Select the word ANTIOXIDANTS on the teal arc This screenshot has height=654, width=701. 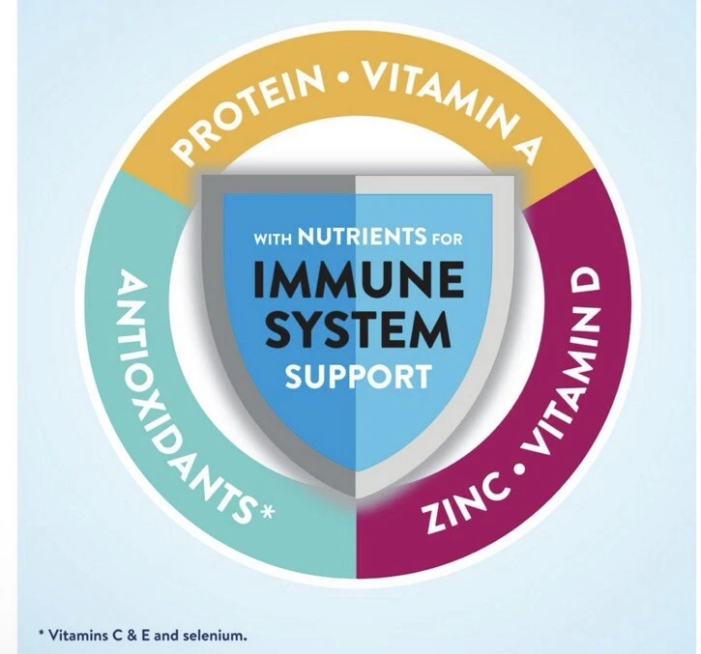click(x=180, y=393)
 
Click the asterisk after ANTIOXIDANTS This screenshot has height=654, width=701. click(x=266, y=510)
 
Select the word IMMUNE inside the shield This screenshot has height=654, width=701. click(x=359, y=280)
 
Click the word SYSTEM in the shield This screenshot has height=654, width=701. click(x=358, y=329)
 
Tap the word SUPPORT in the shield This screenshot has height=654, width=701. click(x=359, y=377)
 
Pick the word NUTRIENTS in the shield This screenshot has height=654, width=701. click(x=363, y=236)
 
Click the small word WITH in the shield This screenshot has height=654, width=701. click(x=273, y=240)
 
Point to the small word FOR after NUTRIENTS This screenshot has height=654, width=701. click(x=447, y=240)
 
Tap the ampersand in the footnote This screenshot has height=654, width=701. click(x=131, y=636)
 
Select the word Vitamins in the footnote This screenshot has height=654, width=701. click(x=79, y=635)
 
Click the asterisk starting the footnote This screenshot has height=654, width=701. click(x=42, y=633)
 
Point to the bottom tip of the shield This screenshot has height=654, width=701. click(x=357, y=498)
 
